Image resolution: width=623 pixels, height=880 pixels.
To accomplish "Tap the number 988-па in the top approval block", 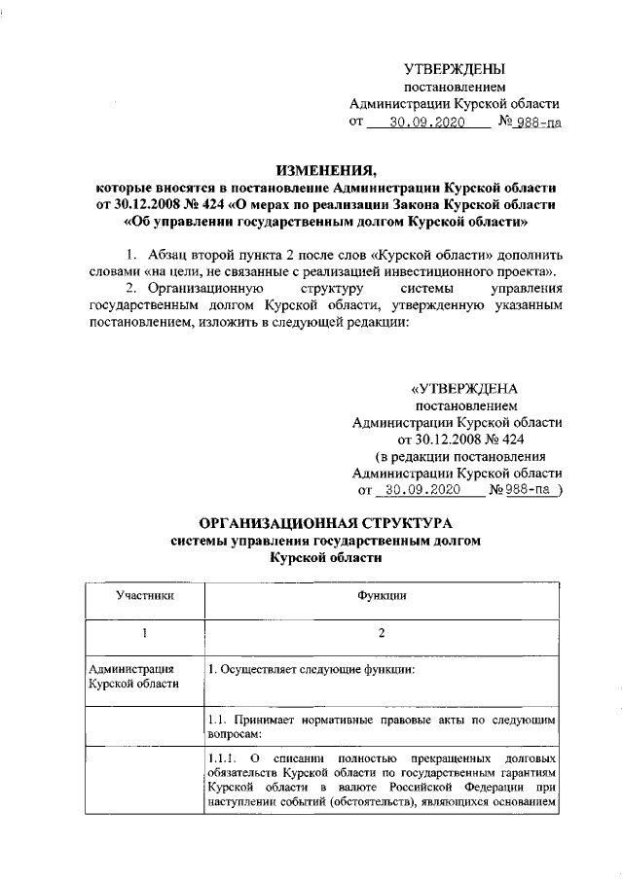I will coord(539,123).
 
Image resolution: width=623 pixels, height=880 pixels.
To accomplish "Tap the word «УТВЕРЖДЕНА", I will coord(465,388).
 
